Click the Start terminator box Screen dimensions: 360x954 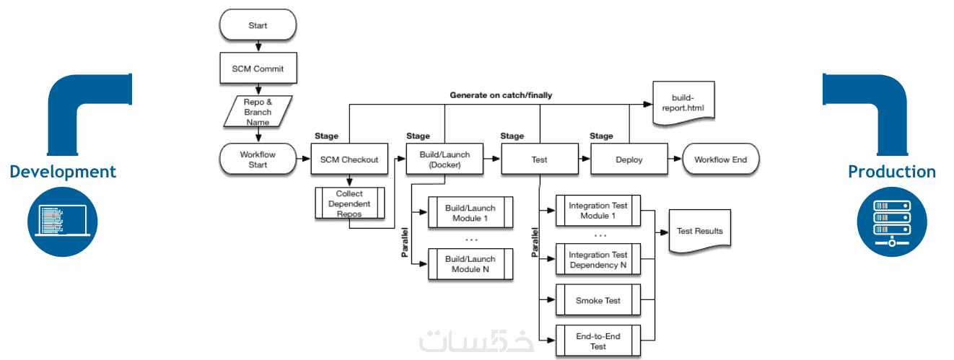pos(258,26)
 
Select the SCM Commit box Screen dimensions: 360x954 pos(258,69)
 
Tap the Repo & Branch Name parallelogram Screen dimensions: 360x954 pos(258,112)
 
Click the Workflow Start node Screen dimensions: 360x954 pos(258,159)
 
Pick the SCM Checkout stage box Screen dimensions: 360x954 pos(349,159)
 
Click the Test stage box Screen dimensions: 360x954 pos(539,159)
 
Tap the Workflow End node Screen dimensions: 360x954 pos(720,159)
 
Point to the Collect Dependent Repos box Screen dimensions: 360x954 pos(349,204)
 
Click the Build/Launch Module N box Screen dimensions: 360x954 pos(471,264)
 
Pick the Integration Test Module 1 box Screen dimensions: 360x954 pos(598,211)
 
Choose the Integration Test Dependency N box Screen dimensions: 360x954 pos(598,260)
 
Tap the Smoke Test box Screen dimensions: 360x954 pos(598,300)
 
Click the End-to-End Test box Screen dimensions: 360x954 pos(598,341)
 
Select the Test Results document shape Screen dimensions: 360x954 pos(699,231)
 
